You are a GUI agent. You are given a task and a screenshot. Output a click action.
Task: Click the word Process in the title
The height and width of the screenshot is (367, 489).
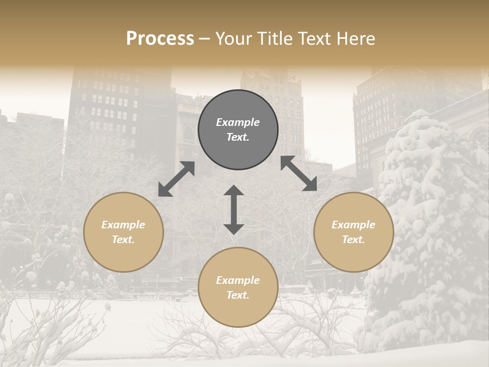pos(160,39)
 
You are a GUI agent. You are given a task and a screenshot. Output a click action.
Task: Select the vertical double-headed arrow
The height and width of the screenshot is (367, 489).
pos(234,209)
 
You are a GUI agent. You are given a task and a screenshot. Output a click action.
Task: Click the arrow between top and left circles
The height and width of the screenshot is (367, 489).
pos(176,179)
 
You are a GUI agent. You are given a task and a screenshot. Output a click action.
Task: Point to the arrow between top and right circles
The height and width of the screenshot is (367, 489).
pos(298,173)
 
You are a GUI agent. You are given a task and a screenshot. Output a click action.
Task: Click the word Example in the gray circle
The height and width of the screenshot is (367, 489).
pos(238,122)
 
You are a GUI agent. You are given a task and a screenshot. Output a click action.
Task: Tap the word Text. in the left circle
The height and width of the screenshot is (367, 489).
pos(123,240)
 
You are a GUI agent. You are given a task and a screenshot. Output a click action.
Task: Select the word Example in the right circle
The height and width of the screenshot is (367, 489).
pos(354,225)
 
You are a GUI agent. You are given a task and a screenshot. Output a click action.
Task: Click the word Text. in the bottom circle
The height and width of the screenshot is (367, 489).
pos(238,295)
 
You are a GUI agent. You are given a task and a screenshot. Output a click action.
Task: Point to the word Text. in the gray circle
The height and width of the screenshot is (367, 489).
pos(238,137)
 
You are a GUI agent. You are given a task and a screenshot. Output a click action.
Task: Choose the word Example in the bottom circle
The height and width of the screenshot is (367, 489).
pos(238,280)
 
